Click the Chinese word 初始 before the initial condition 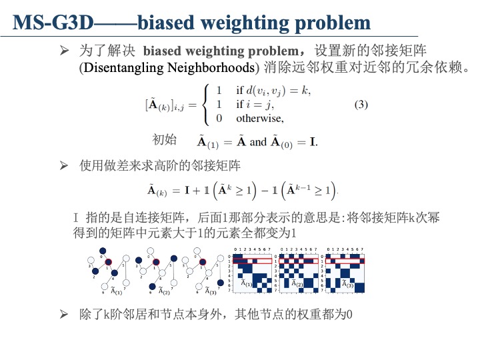coord(165,139)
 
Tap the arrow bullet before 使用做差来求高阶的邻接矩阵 coord(65,164)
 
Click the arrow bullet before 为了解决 coord(65,51)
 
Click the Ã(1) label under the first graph coord(116,291)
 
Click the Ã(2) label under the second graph coord(163,291)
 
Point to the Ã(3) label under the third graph coord(210,291)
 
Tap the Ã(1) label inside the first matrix coord(246,284)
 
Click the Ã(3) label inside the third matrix coord(347,284)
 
